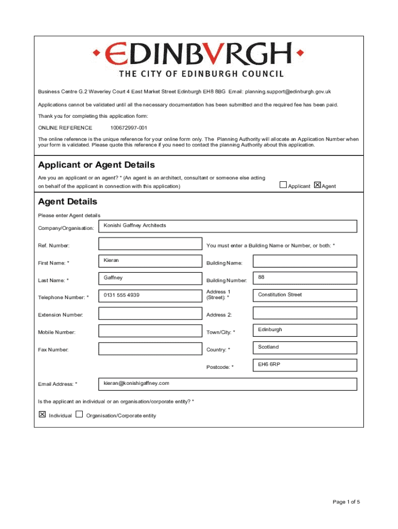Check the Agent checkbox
click(317, 185)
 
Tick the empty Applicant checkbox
click(283, 185)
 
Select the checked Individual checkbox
click(42, 414)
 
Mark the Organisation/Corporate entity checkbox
click(79, 414)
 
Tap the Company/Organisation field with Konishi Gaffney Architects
click(227, 226)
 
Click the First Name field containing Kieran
click(150, 261)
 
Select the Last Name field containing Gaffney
click(150, 278)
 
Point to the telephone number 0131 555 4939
click(150, 296)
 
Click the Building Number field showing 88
click(305, 278)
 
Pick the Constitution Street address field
click(305, 295)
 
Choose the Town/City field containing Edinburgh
click(305, 331)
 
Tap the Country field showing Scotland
click(305, 348)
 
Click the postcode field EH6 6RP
click(305, 365)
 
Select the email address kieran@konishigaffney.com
click(227, 384)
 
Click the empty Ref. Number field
click(150, 244)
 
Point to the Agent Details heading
click(68, 201)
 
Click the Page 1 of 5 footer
click(346, 502)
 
